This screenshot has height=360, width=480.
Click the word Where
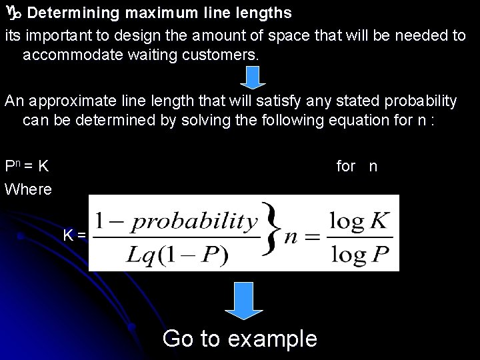coord(28,189)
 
